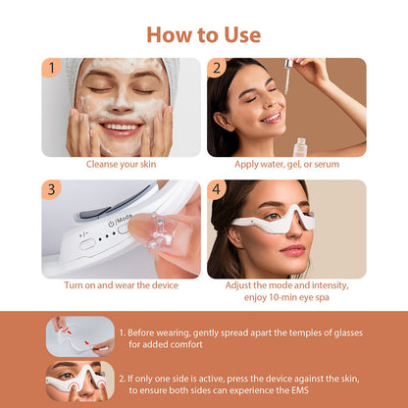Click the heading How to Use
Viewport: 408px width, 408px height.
tap(204, 34)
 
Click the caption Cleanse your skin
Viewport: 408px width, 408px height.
tap(121, 165)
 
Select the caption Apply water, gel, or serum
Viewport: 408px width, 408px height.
tap(286, 165)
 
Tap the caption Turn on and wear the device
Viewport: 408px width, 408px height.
tap(121, 285)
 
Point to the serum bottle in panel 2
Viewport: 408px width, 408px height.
tap(300, 145)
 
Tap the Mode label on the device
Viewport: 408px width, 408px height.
tap(124, 219)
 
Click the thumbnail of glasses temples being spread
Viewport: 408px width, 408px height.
tap(80, 334)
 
